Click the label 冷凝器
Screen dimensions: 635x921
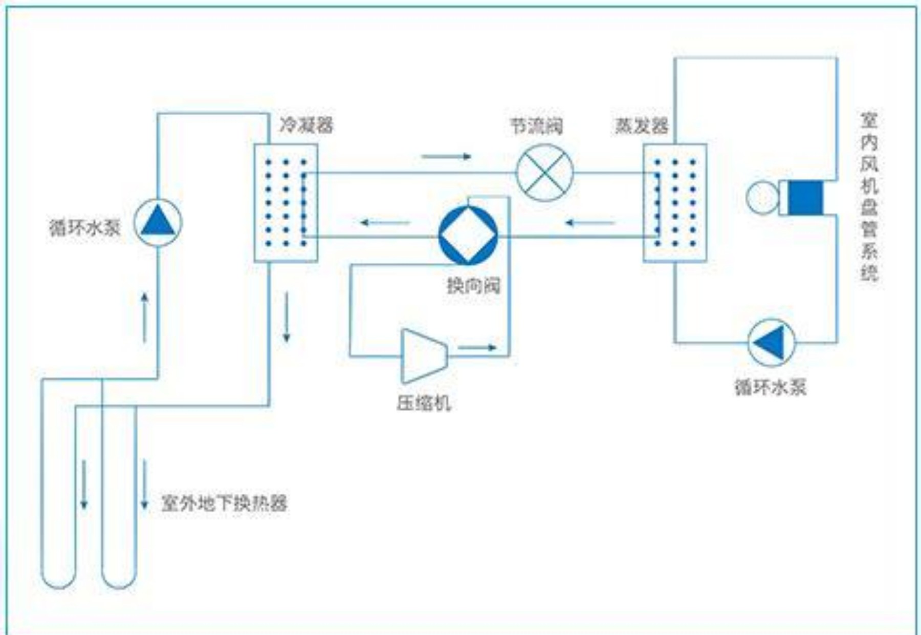coord(306,125)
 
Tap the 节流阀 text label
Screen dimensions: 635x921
coord(536,126)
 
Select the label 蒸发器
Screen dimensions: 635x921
coord(642,126)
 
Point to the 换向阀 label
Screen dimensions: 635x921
coord(473,286)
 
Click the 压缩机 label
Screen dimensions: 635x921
coord(424,404)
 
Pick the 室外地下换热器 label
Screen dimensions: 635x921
coord(224,503)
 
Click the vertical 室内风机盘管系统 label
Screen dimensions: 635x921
coord(869,197)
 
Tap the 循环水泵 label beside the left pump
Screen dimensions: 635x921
coord(85,227)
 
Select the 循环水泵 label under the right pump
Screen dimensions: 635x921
coord(771,387)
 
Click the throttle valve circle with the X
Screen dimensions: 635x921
coord(545,173)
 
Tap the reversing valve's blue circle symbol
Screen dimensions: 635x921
coord(468,236)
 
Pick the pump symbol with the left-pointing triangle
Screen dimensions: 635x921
coord(771,342)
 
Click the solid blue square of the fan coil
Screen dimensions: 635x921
coord(805,198)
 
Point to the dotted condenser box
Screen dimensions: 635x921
coord(286,203)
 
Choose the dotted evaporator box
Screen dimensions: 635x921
coord(675,203)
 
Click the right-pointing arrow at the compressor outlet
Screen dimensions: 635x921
coord(477,348)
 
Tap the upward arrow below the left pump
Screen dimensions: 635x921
coord(145,317)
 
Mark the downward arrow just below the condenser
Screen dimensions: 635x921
coord(287,317)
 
